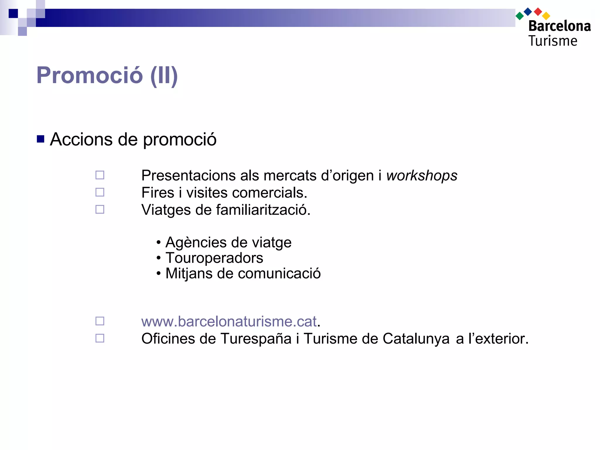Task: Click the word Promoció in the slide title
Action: coord(89,75)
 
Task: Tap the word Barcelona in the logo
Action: coord(560,26)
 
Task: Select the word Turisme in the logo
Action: coord(553,41)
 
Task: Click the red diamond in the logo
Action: coord(538,12)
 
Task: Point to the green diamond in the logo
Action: coord(519,16)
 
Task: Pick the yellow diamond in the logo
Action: coord(546,16)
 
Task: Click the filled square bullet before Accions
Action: coord(40,139)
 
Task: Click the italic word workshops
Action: coord(422,175)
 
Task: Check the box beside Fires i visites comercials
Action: coord(100,192)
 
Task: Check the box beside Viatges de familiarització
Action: coord(100,209)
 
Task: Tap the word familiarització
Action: coord(263,210)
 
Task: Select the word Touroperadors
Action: coord(214,258)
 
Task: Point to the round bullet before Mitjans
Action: coord(158,274)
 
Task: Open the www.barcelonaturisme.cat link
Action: coord(229,321)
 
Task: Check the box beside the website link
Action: coord(100,321)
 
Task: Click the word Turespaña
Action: coord(256,339)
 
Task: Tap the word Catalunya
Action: coord(416,339)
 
